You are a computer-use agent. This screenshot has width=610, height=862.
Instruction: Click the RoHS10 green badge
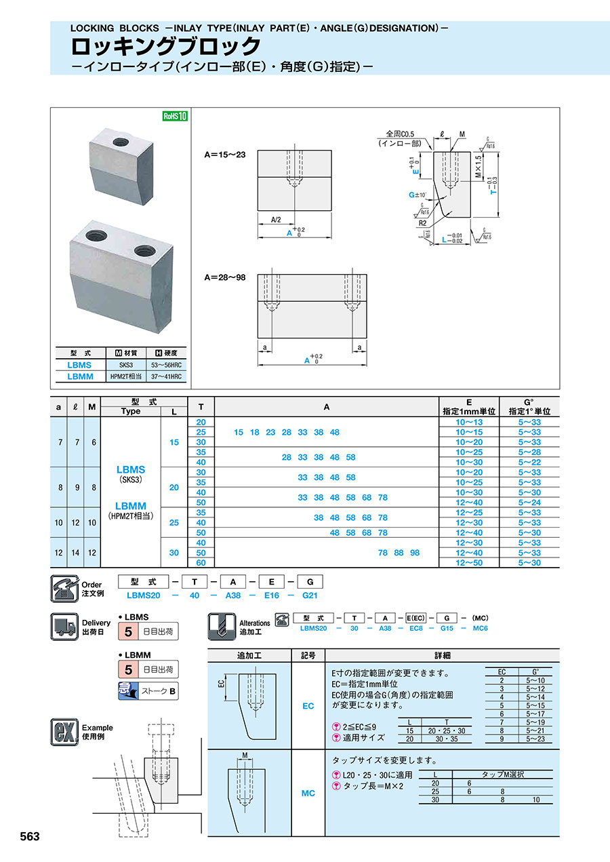[174, 116]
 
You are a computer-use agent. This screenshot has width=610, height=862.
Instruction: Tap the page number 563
[30, 836]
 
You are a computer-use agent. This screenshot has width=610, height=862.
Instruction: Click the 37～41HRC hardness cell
[167, 376]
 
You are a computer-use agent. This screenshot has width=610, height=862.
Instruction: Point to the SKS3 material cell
[127, 364]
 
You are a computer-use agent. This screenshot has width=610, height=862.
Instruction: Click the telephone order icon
[65, 588]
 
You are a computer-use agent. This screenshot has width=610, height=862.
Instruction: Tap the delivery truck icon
[65, 626]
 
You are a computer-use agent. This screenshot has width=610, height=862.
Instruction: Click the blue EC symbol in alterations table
[308, 706]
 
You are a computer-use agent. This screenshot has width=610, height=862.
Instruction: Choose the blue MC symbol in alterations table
[308, 793]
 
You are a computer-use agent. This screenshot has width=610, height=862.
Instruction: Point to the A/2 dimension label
[277, 220]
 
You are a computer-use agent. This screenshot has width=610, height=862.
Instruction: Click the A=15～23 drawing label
[225, 155]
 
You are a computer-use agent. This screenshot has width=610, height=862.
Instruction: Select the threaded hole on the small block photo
[121, 142]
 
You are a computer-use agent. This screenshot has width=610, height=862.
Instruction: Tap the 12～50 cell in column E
[469, 563]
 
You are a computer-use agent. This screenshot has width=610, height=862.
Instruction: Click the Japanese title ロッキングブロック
[166, 46]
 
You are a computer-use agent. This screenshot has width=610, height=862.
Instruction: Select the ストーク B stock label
[158, 692]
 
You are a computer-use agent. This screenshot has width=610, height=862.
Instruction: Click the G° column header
[529, 406]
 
